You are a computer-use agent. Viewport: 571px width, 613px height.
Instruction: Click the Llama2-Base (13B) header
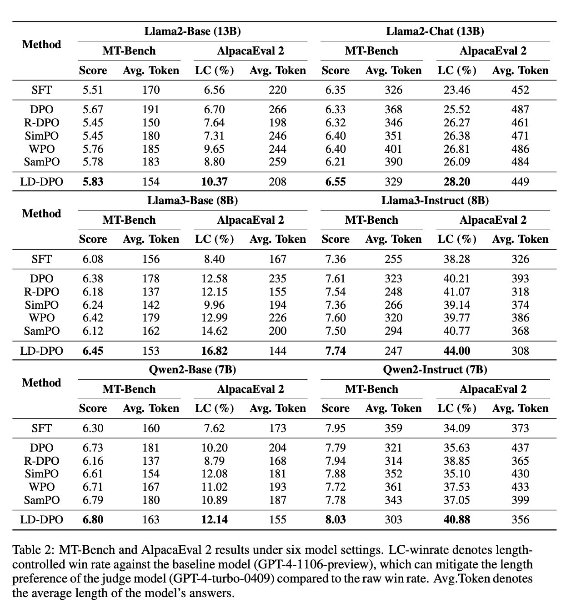click(192, 31)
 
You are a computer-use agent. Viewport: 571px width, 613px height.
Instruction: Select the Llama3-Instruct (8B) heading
click(435, 201)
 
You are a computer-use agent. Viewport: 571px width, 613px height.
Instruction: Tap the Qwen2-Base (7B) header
click(192, 370)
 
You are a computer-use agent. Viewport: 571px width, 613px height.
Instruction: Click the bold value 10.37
click(214, 182)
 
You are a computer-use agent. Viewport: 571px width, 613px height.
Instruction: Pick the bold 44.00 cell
click(457, 351)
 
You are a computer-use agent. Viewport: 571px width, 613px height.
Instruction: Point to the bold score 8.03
click(336, 520)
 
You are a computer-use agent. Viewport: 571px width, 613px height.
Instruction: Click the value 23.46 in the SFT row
click(457, 90)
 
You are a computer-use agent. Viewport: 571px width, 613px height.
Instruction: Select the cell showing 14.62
click(214, 331)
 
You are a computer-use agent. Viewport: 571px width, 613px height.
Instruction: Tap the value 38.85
click(457, 461)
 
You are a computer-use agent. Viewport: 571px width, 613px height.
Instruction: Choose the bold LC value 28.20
click(457, 182)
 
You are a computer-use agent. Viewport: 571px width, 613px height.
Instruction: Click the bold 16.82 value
click(214, 351)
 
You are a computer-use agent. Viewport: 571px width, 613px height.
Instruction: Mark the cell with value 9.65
click(214, 149)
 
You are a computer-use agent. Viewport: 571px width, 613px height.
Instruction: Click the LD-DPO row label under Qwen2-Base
click(41, 520)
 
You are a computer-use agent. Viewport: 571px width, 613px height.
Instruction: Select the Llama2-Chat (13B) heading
click(435, 31)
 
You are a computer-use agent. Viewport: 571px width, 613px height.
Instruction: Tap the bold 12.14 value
click(214, 520)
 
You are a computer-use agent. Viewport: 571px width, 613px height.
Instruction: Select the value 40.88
click(457, 520)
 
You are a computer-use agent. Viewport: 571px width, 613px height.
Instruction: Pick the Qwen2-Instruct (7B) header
click(435, 370)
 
